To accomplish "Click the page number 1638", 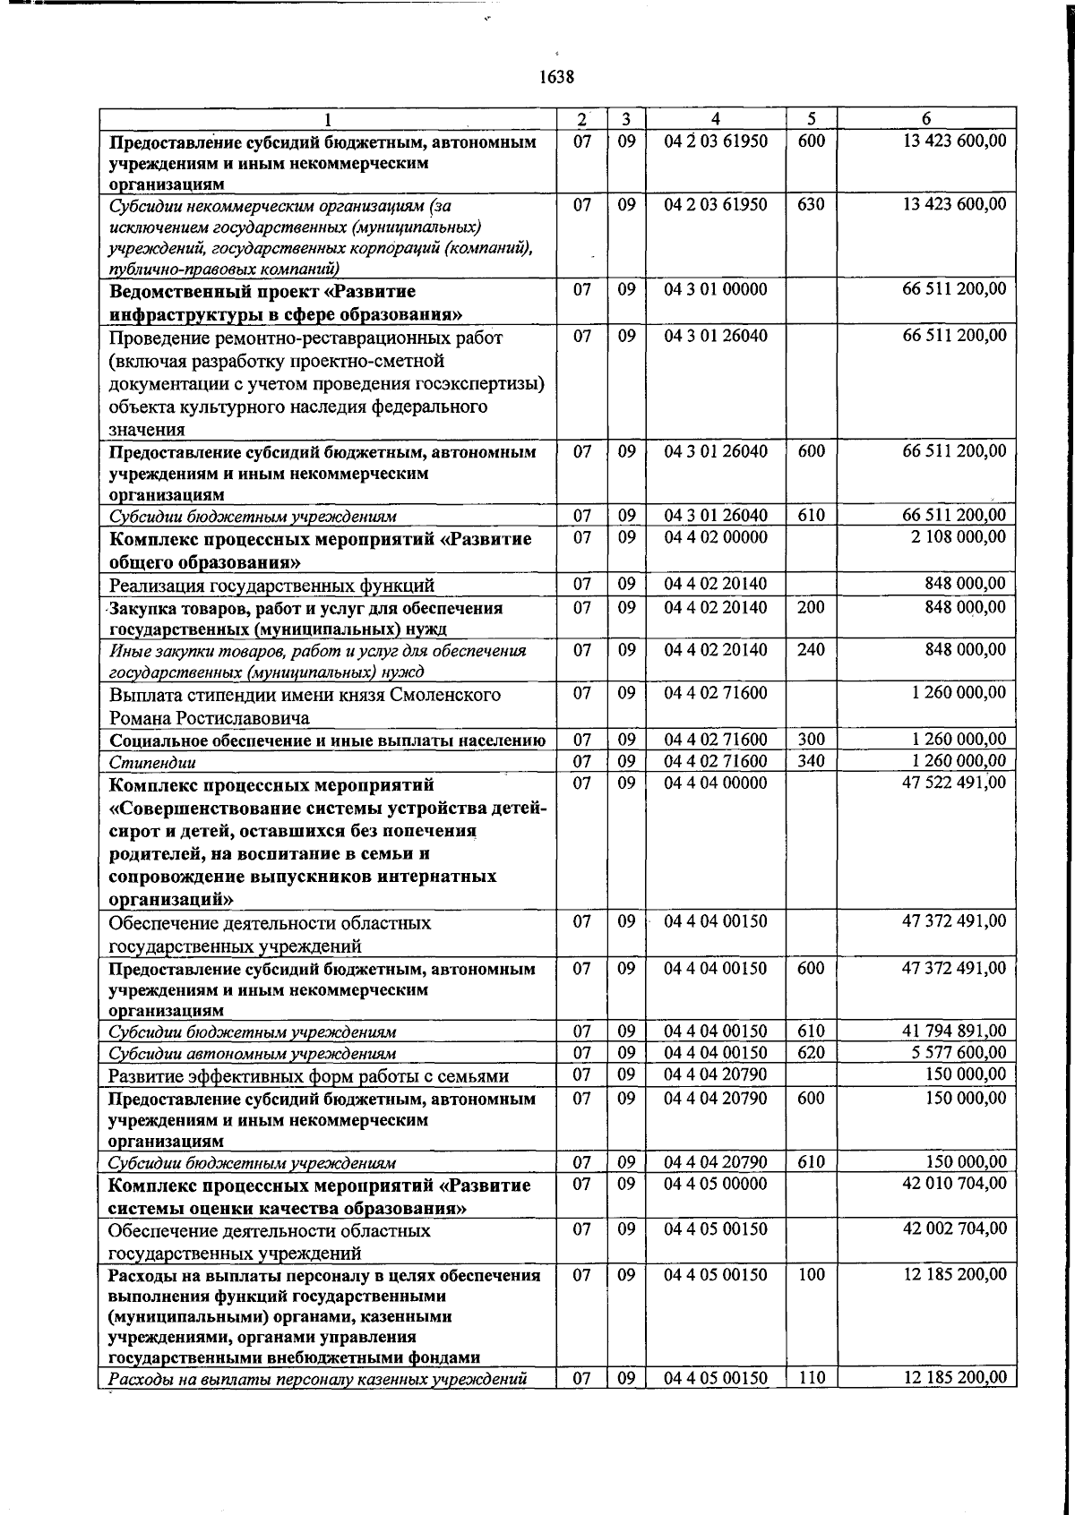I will (555, 77).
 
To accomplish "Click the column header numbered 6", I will (926, 119).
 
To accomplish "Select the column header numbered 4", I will (715, 119).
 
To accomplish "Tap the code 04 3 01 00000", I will (716, 289).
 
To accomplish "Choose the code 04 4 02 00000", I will (716, 536).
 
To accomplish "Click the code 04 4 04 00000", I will (716, 783).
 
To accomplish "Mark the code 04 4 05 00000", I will (716, 1184).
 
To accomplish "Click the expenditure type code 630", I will (811, 204).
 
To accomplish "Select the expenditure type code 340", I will (811, 761).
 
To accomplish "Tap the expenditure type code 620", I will (811, 1052).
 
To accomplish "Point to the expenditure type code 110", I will (811, 1378).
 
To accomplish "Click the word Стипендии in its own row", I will (152, 763).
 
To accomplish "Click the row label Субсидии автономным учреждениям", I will (252, 1054).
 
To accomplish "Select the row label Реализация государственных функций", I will (271, 586).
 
